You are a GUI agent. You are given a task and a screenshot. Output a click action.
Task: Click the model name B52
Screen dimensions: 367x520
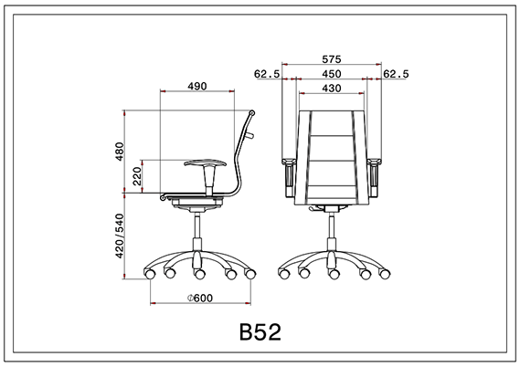pos(260,330)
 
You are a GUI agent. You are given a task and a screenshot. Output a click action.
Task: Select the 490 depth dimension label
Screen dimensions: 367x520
pos(197,86)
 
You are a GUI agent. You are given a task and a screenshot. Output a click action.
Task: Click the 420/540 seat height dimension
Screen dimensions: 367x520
pos(118,236)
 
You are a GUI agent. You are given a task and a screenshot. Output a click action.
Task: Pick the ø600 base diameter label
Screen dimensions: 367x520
pos(199,299)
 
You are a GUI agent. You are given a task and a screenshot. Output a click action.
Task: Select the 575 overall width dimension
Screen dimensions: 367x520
pos(332,58)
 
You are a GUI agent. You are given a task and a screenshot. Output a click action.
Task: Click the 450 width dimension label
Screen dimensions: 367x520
pos(332,74)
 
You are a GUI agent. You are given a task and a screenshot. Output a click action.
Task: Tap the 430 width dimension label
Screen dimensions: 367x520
pos(332,89)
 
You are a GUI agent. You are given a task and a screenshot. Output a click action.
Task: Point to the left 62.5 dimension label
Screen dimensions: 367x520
pos(266,74)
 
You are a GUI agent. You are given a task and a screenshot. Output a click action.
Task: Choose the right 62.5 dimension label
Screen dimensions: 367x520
pos(398,74)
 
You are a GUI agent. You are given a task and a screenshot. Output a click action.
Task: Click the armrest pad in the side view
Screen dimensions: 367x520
pos(205,163)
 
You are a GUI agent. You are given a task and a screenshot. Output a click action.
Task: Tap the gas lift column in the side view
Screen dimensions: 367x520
pos(197,233)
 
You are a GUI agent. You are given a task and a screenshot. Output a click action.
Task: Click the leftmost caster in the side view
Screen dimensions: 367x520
pos(150,273)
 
